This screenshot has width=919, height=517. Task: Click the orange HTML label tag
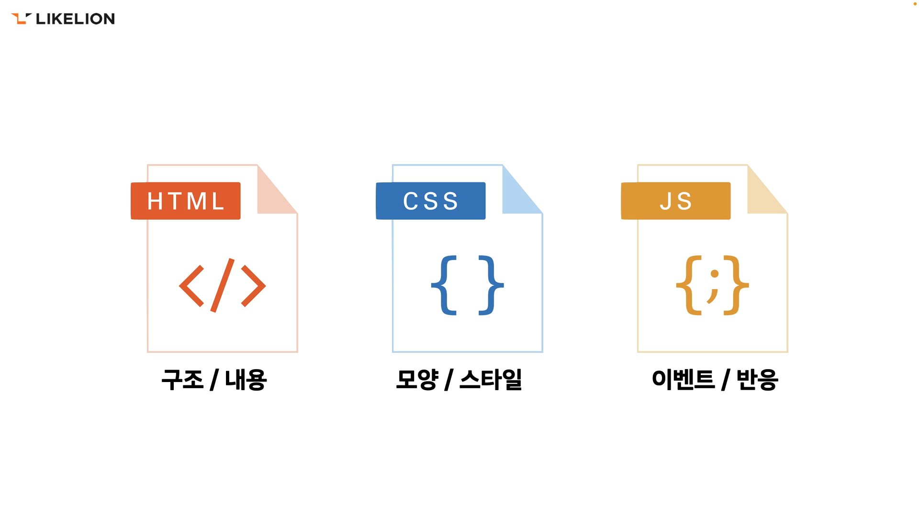[x=186, y=201]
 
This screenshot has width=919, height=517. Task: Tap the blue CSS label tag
[x=431, y=201]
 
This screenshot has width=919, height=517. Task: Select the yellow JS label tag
[x=676, y=201]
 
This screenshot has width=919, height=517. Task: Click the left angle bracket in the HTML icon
[x=191, y=286]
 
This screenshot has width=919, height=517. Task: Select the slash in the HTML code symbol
[x=223, y=285]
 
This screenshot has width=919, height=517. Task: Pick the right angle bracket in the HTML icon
[x=254, y=286]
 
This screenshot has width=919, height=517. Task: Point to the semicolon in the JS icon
[x=714, y=286]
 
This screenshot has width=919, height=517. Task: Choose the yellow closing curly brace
[x=736, y=285]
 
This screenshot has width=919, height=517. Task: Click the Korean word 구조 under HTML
[x=182, y=380]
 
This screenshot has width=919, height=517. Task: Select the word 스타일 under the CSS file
[x=491, y=380]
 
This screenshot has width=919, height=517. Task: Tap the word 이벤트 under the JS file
[x=683, y=380]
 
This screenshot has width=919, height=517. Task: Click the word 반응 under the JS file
[x=757, y=380]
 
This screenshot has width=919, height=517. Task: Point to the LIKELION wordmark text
[x=75, y=19]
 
